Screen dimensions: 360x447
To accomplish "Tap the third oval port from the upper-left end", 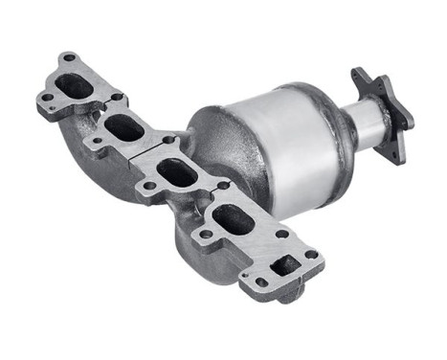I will (x=177, y=173).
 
